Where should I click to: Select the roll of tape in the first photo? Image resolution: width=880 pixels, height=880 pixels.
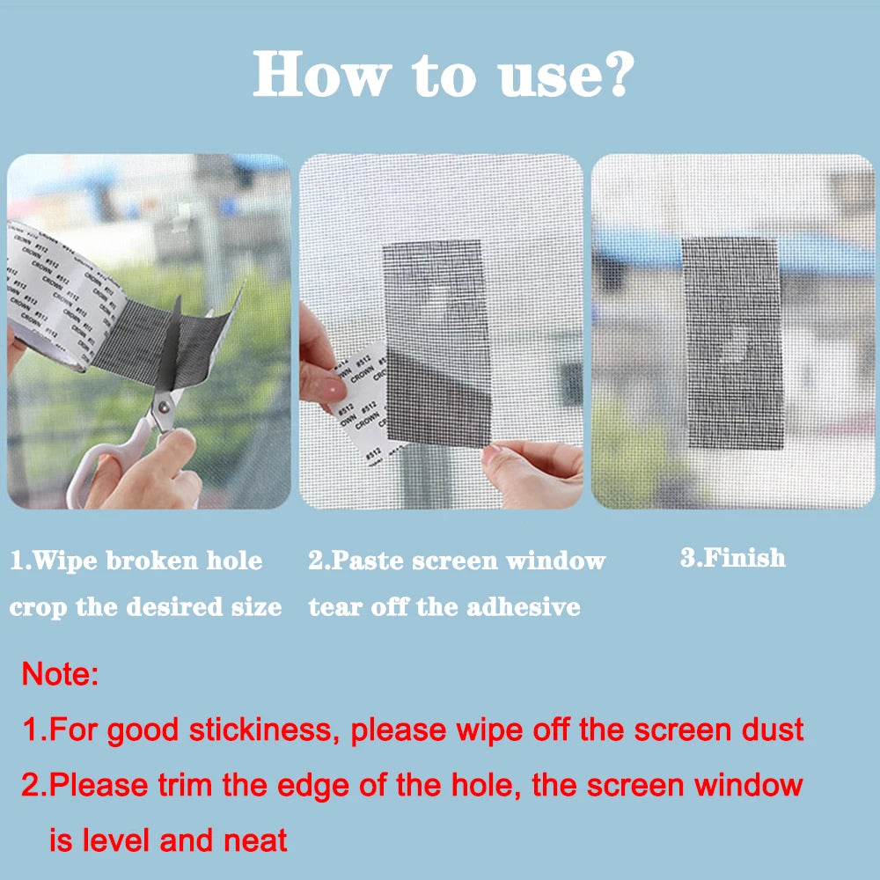pyautogui.click(x=53, y=290)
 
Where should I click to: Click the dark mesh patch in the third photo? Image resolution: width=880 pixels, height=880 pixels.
pyautogui.click(x=732, y=343)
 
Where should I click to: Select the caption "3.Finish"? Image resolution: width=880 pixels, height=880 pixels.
pyautogui.click(x=732, y=558)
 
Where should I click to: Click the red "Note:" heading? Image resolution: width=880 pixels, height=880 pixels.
pyautogui.click(x=60, y=675)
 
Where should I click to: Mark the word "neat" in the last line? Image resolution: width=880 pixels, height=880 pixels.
pyautogui.click(x=258, y=840)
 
